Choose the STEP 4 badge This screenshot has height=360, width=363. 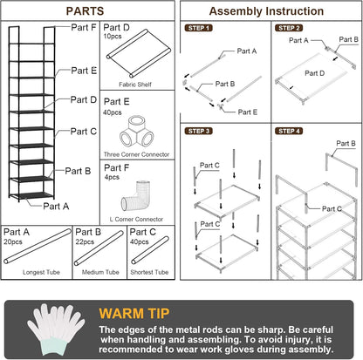click(289, 131)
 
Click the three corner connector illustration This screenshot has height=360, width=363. click(138, 134)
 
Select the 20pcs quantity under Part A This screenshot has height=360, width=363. click(14, 241)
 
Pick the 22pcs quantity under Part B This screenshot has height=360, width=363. click(86, 241)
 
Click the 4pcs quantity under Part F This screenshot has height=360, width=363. click(113, 178)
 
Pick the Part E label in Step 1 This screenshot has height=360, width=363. click(249, 112)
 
